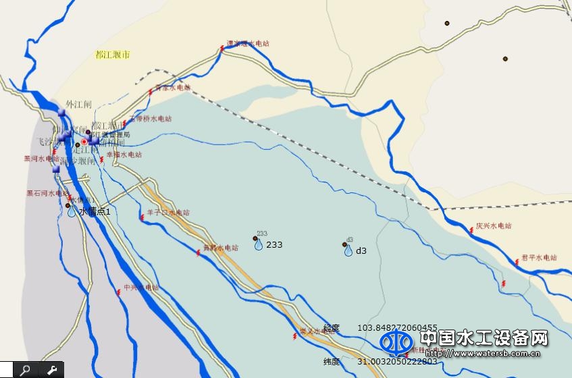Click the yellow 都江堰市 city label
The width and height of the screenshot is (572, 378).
click(113, 54)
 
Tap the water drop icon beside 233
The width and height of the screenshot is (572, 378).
click(259, 244)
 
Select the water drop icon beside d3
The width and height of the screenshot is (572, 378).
click(348, 250)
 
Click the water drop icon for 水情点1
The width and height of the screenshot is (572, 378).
click(72, 211)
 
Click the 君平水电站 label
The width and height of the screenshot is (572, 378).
click(539, 258)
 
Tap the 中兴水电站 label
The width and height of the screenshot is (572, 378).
click(140, 288)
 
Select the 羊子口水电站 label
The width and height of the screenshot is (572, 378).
click(168, 213)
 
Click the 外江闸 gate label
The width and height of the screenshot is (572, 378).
click(78, 105)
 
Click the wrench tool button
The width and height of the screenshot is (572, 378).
click(51, 370)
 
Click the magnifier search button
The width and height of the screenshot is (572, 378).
click(25, 370)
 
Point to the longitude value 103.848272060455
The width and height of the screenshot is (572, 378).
click(397, 327)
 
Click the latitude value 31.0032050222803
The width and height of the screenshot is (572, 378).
click(397, 362)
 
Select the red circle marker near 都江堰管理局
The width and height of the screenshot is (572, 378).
click(84, 142)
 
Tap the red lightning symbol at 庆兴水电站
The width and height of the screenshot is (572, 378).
click(471, 232)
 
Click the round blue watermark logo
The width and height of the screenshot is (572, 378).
click(396, 342)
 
